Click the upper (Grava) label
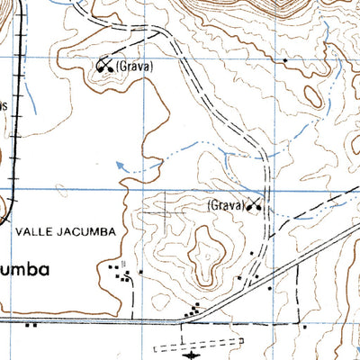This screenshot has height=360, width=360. click(x=135, y=67)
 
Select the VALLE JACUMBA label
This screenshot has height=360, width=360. click(x=65, y=231)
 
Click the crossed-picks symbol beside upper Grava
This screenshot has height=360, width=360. click(x=105, y=66)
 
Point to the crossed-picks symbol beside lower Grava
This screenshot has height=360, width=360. click(x=256, y=206)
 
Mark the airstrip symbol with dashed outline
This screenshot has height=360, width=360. click(x=200, y=344)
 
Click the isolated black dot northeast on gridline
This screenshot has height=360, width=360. click(x=285, y=60)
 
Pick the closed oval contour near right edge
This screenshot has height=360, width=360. click(x=312, y=95)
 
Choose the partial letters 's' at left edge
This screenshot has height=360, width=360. click(x=4, y=104)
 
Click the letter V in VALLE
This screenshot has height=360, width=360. click(x=19, y=231)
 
